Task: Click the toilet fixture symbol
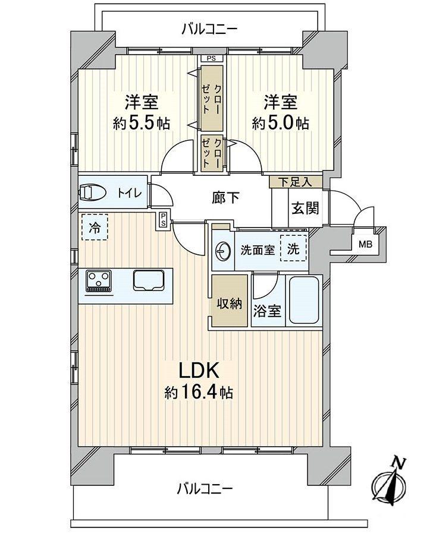pos(92,192)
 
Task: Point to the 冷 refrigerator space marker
pos(95,226)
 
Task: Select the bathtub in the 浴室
pos(305,300)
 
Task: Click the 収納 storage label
pos(228,303)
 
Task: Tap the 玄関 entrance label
pos(305,208)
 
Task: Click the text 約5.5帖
pos(142,124)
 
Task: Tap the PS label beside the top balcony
pos(211,58)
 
